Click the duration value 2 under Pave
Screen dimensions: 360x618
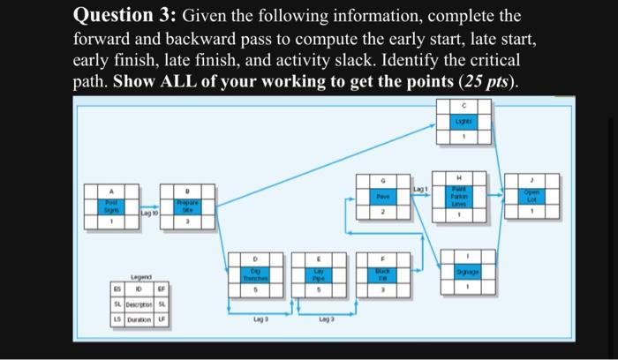(383, 213)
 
